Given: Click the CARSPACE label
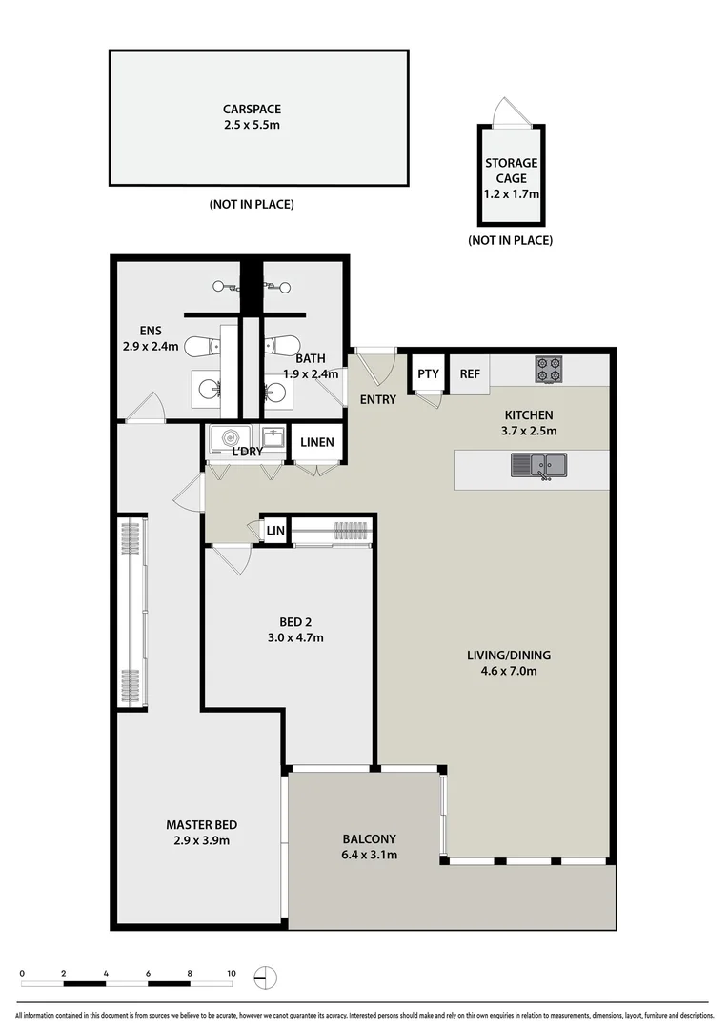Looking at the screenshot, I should pos(252,110).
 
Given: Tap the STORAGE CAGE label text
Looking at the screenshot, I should pos(512,171).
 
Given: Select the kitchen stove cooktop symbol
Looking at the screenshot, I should pos(549,368).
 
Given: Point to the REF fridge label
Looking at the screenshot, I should pos(470,374).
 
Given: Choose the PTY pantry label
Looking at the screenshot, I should pos(428,374).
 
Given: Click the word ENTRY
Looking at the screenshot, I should pos(378,399).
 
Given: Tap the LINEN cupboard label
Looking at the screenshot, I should pos(315,442).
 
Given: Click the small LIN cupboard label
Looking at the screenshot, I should pos(274,530).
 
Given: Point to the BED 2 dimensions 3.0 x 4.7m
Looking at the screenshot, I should pos(295,637).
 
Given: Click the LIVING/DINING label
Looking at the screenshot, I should pos(508,655).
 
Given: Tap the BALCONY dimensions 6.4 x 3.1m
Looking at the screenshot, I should pos(369,855).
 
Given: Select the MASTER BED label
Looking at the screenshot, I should pos(201,825).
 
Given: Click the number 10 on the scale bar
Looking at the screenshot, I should pos(231,974).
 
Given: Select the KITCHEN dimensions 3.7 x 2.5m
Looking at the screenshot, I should pos(529,431).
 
